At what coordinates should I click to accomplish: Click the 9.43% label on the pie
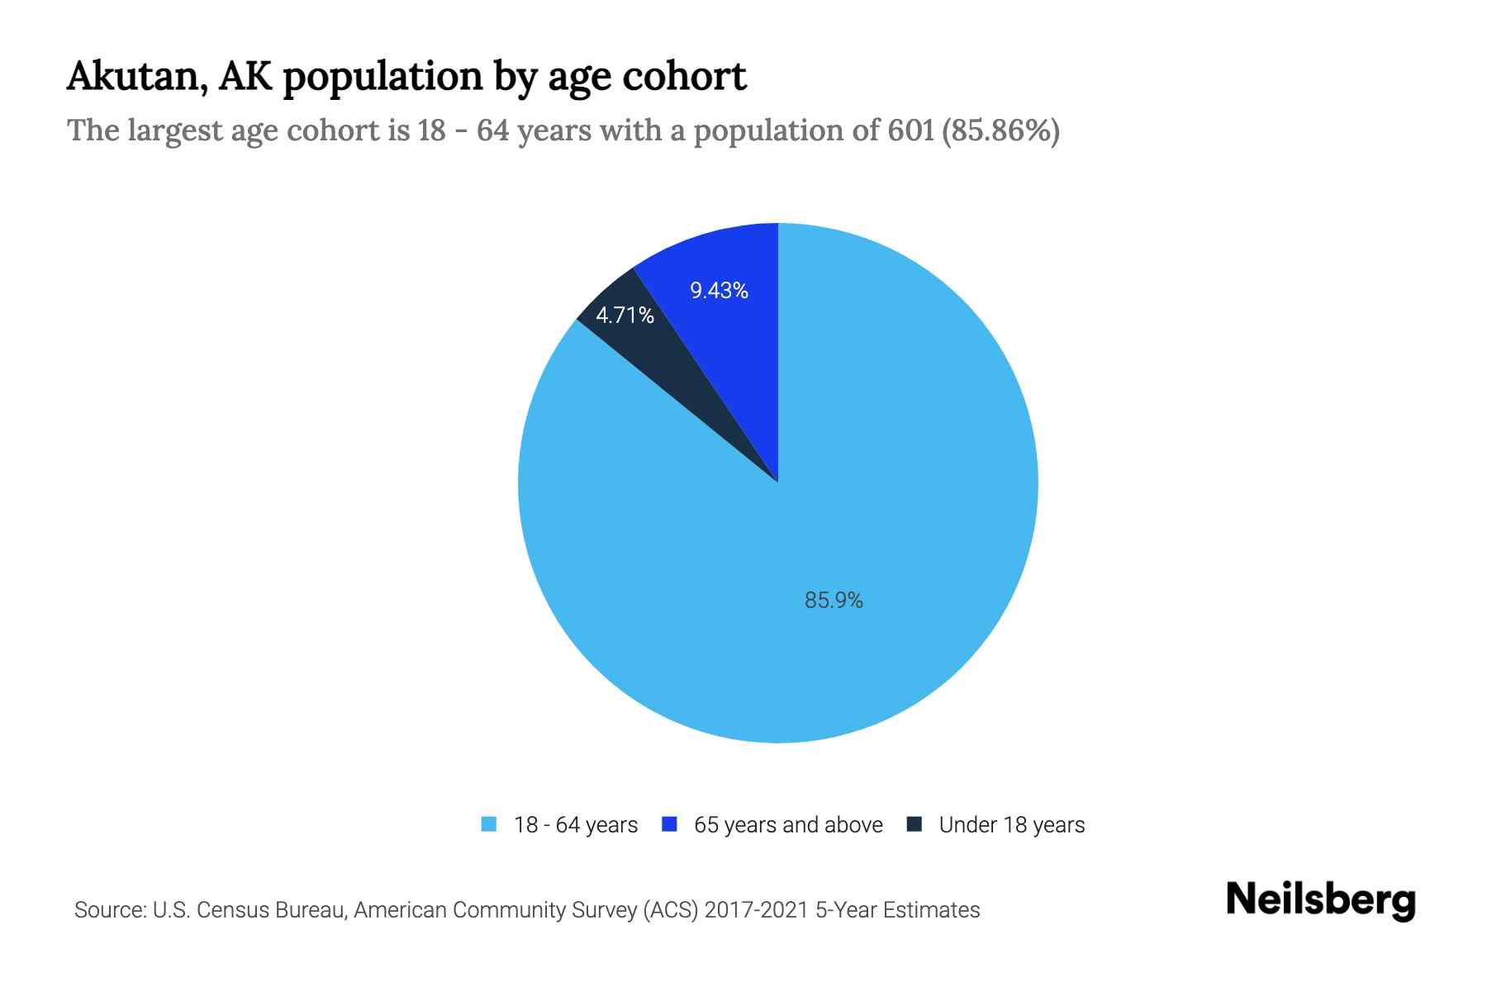pos(719,291)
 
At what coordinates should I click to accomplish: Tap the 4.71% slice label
pos(625,315)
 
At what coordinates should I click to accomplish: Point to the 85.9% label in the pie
pos(834,600)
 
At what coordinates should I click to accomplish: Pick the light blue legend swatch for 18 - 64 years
pos(489,824)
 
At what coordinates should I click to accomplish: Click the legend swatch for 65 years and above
pos(670,824)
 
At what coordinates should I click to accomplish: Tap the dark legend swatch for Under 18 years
pos(915,824)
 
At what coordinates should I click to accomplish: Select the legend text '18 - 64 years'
pos(576,825)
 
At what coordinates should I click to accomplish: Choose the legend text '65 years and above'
pos(788,825)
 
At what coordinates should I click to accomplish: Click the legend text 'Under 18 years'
pos(1012,825)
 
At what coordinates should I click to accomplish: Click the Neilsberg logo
pos(1321,901)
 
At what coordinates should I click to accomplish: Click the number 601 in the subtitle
pos(910,130)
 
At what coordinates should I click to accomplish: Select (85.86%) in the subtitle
pos(1000,130)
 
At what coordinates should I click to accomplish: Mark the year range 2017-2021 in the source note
pos(757,910)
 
